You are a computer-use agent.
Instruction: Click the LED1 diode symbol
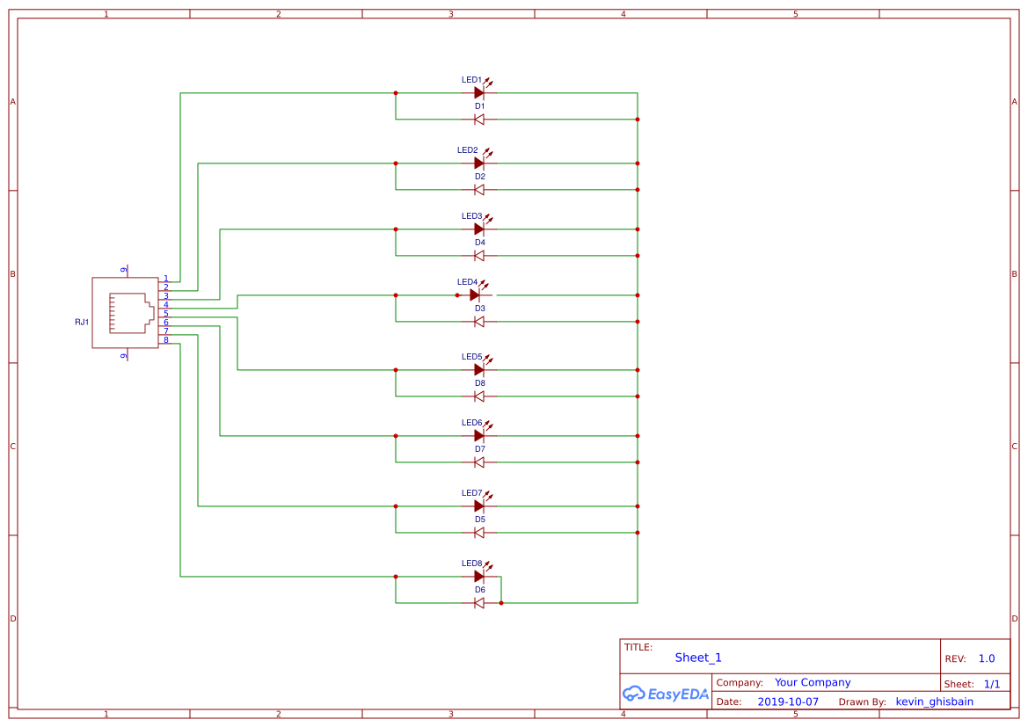pos(479,92)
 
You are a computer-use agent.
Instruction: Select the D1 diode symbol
pos(479,120)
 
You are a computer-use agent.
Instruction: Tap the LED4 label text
pos(467,282)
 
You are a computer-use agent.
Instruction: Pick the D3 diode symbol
pos(479,322)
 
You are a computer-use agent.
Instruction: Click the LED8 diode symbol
pos(479,577)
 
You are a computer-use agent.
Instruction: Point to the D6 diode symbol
pos(479,603)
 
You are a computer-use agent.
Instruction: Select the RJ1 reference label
pos(82,323)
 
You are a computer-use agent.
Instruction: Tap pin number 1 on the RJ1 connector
pos(165,279)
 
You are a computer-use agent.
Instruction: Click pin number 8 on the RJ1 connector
pos(165,340)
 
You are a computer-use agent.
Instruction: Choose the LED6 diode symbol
pos(479,436)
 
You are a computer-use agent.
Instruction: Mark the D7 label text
pos(480,449)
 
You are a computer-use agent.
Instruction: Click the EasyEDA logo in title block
pos(666,694)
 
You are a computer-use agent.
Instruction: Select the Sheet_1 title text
pos(698,658)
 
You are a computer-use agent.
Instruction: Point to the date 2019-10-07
pos(787,702)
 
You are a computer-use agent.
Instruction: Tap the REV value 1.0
pos(986,658)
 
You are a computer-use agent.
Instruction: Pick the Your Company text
pos(813,682)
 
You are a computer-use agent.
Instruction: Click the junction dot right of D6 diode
pos(501,603)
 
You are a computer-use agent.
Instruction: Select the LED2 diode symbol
pos(479,164)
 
